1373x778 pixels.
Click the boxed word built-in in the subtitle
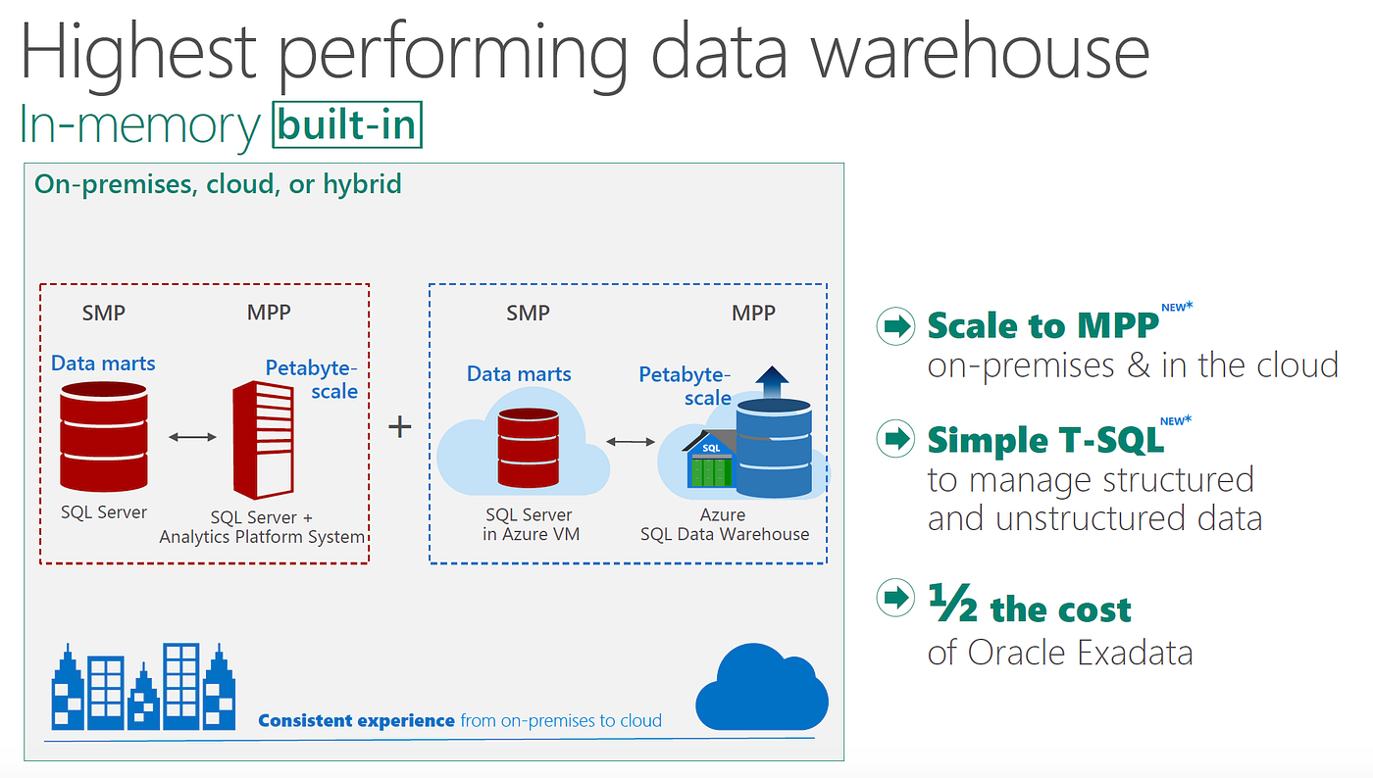pyautogui.click(x=348, y=125)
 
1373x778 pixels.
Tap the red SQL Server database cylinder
pyautogui.click(x=104, y=437)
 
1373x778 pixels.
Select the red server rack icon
pyautogui.click(x=263, y=440)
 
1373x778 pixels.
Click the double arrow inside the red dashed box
pyautogui.click(x=192, y=437)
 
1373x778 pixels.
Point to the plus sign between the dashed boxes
pyautogui.click(x=399, y=427)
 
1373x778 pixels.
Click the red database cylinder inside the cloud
pyautogui.click(x=529, y=448)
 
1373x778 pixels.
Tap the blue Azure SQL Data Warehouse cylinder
pyautogui.click(x=774, y=448)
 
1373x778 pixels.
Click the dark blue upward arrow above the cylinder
pyautogui.click(x=773, y=380)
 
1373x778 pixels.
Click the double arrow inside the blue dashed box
pyautogui.click(x=631, y=442)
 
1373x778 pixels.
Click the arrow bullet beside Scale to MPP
pyautogui.click(x=893, y=327)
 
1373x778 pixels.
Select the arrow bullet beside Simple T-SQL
pyautogui.click(x=893, y=438)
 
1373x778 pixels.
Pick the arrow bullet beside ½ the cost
pyautogui.click(x=893, y=598)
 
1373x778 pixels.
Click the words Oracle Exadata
pyautogui.click(x=1080, y=653)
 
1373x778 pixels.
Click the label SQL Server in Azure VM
pyautogui.click(x=529, y=524)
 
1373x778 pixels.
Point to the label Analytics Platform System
pyautogui.click(x=262, y=537)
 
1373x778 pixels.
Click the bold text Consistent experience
pyautogui.click(x=357, y=721)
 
